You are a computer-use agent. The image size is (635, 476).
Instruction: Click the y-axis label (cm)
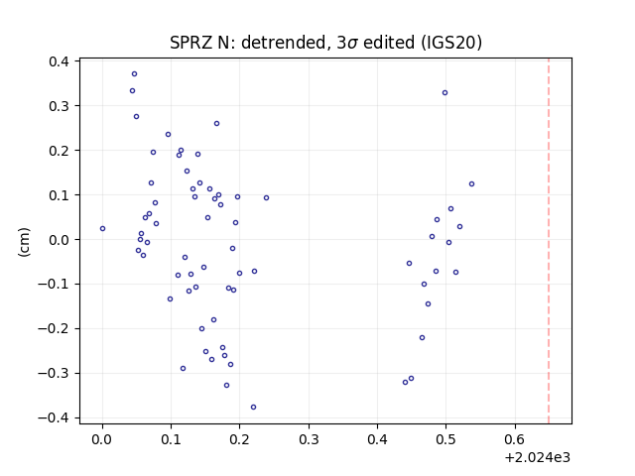(24, 242)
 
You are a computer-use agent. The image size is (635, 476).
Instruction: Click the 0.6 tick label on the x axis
(515, 439)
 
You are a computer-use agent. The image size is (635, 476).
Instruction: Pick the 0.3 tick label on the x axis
(309, 439)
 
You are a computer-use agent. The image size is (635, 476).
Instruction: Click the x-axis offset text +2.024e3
(538, 457)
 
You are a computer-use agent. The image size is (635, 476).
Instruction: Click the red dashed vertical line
(549, 241)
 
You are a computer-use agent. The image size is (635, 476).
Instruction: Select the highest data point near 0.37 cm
(135, 73)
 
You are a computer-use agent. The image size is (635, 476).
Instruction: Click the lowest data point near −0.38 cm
(254, 407)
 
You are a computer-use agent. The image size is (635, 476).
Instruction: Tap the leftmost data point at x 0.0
(102, 228)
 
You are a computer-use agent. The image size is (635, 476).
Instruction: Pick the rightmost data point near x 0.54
(472, 183)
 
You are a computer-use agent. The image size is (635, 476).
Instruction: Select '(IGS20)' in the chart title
(451, 43)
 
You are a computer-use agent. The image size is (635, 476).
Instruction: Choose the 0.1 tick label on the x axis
(171, 439)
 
